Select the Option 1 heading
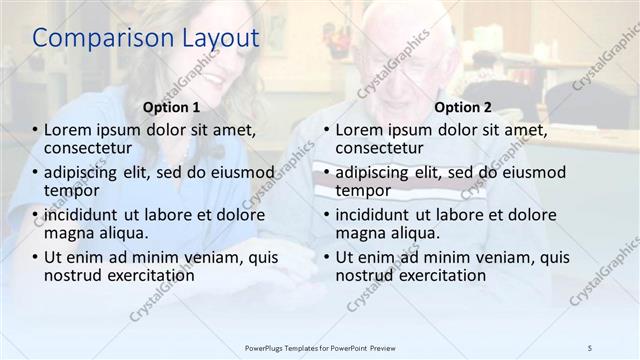click(171, 107)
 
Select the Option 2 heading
click(463, 107)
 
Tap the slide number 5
click(590, 347)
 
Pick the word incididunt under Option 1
click(87, 215)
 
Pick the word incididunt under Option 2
click(378, 215)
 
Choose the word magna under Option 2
click(360, 233)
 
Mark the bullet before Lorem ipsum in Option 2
click(326, 130)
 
